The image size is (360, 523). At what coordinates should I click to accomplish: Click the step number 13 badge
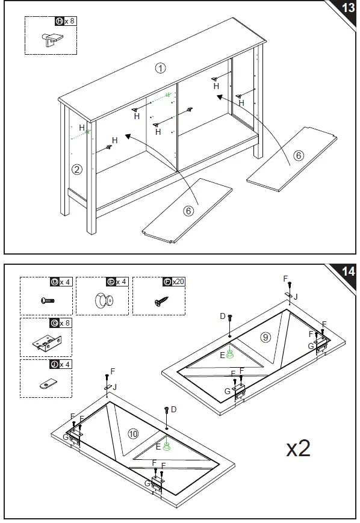[x=349, y=7]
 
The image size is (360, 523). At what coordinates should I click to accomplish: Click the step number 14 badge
[x=349, y=271]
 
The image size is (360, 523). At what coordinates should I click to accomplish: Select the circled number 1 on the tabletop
[x=161, y=69]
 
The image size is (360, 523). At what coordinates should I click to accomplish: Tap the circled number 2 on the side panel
[x=77, y=170]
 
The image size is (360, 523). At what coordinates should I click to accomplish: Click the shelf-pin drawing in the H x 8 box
[x=52, y=39]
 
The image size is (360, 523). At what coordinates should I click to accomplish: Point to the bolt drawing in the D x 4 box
[x=48, y=300]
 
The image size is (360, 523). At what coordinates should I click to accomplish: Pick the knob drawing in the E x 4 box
[x=104, y=300]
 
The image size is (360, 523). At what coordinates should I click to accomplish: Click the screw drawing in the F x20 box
[x=161, y=302]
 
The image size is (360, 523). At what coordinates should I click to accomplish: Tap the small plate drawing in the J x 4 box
[x=48, y=383]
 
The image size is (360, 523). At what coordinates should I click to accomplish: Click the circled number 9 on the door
[x=265, y=337]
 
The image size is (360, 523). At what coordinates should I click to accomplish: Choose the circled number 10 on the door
[x=133, y=433]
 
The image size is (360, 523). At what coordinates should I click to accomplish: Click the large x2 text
[x=298, y=448]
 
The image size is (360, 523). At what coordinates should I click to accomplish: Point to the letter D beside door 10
[x=173, y=409]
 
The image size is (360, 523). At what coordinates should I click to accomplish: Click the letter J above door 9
[x=295, y=297]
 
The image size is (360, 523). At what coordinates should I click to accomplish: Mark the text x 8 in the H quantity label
[x=69, y=21]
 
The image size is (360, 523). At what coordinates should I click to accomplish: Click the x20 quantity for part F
[x=178, y=282]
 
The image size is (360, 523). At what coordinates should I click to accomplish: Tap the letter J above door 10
[x=115, y=387]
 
